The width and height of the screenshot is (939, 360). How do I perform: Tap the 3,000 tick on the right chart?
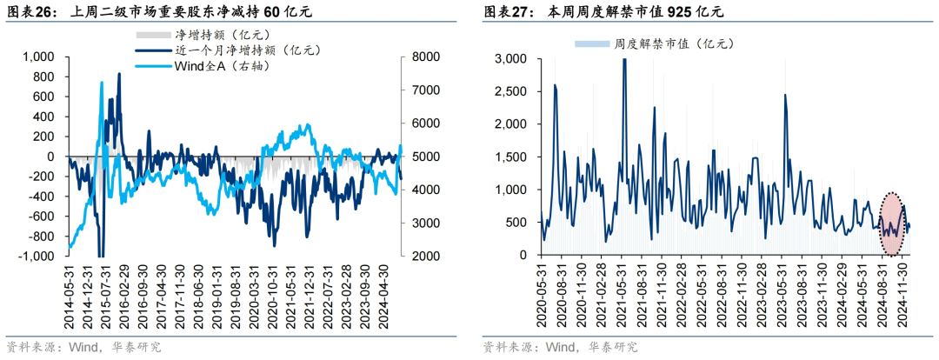[511, 58]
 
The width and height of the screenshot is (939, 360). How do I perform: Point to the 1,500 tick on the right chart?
[511, 157]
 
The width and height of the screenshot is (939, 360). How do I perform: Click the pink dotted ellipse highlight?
[892, 224]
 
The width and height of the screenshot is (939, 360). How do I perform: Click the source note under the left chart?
[83, 347]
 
